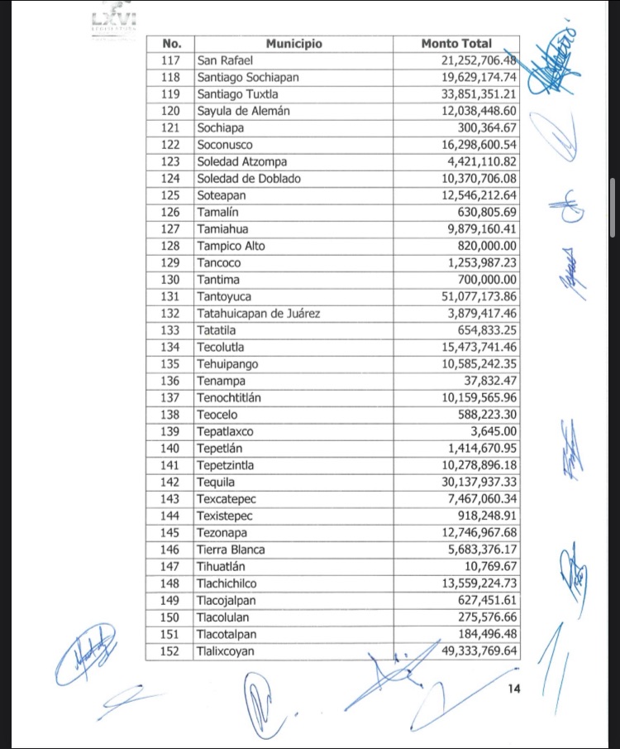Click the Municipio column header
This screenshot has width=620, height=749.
coord(293,43)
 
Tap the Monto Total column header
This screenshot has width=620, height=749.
coord(456,43)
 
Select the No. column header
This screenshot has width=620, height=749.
coord(171,43)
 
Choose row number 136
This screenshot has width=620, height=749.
coord(171,381)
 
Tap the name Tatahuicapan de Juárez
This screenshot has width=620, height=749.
coord(258,313)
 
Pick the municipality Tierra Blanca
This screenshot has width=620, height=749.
coord(231,550)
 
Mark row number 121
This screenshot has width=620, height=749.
coord(171,127)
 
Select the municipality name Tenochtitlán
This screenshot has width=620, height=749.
coord(229,397)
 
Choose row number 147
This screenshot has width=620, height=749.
coord(171,566)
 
